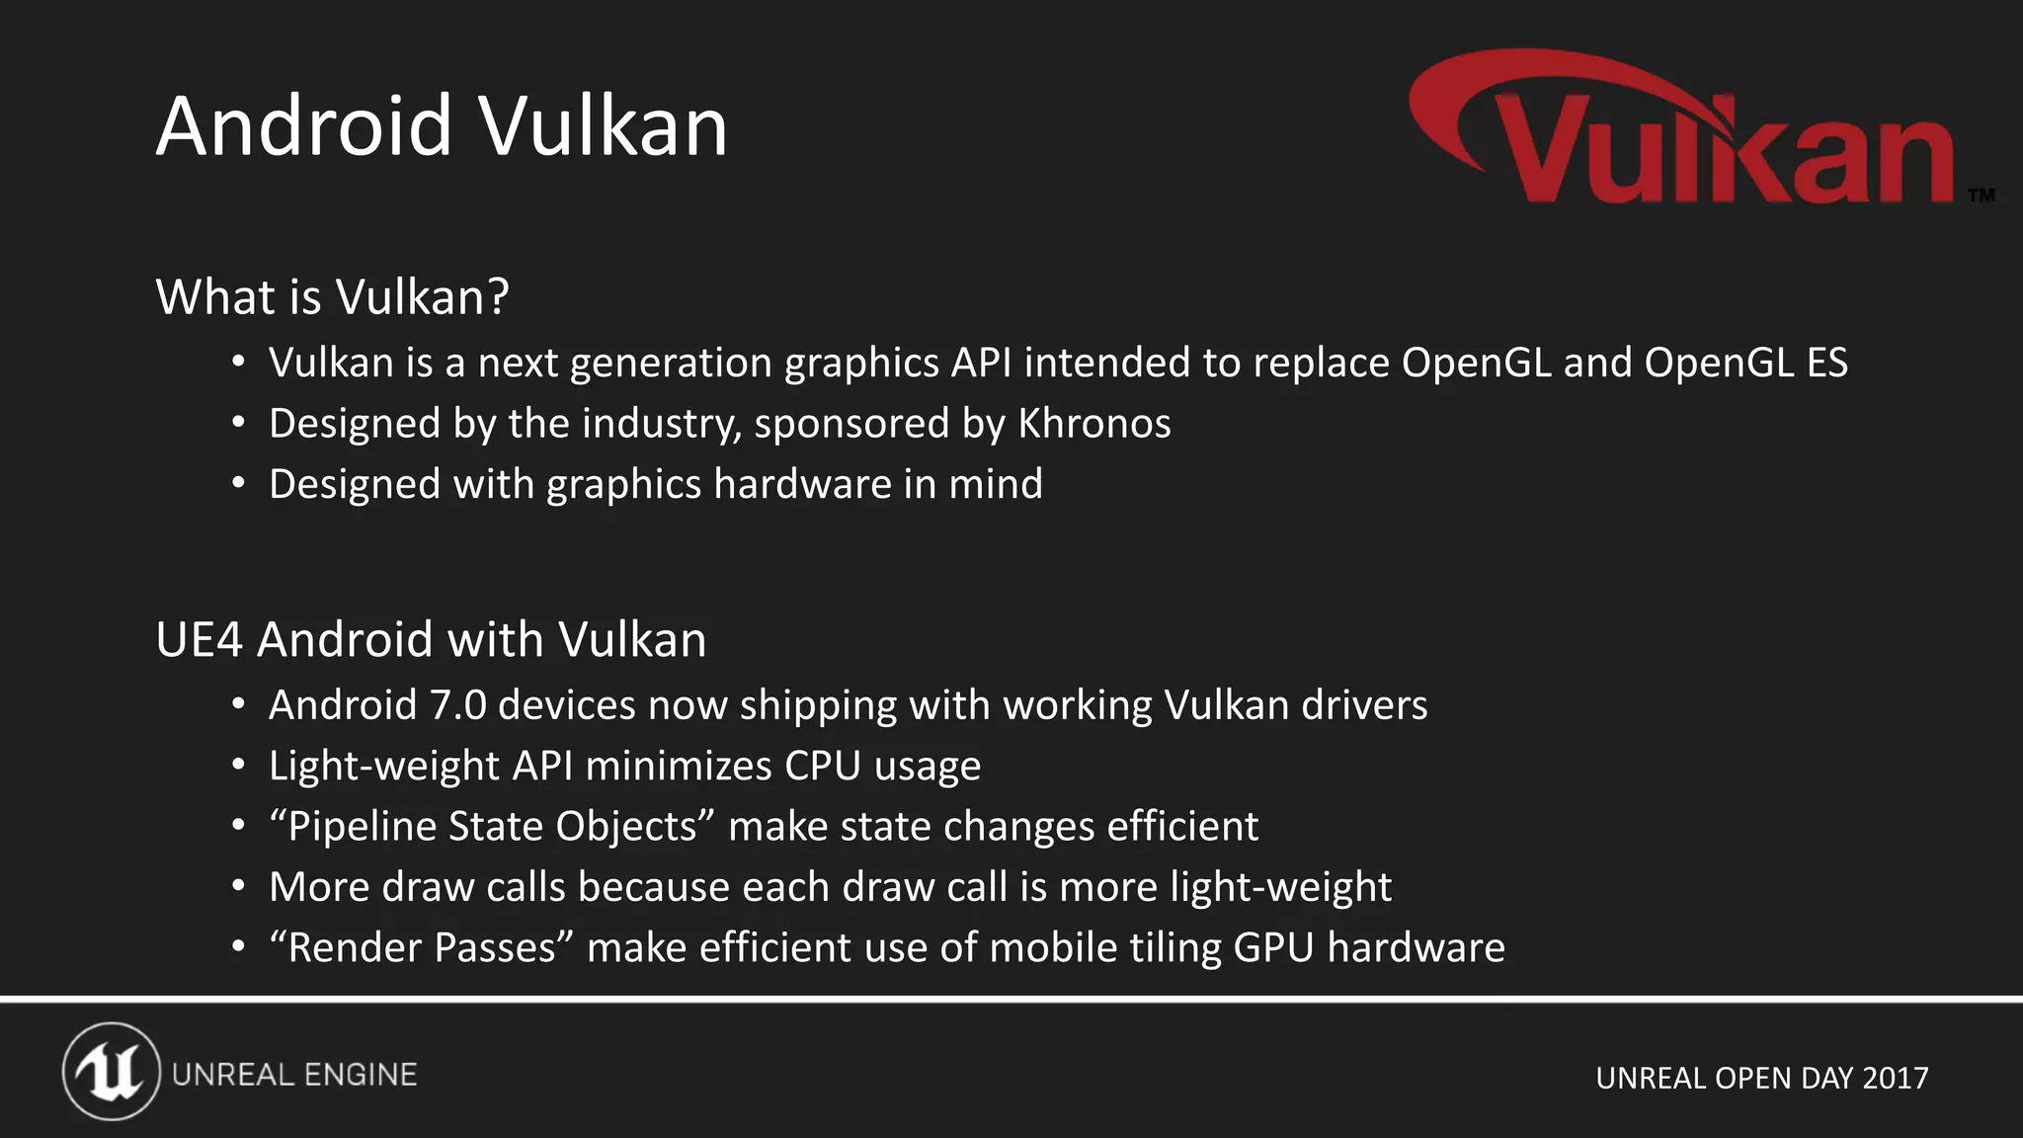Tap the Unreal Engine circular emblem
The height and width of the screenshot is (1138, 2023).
111,1072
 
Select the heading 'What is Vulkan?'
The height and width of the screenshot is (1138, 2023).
332,296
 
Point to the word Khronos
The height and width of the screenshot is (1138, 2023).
1094,424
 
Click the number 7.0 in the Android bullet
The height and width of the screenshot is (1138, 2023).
458,705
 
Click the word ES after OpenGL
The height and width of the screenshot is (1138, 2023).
1826,364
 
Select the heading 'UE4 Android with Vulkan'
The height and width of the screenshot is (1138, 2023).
431,639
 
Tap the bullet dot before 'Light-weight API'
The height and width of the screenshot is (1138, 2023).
238,766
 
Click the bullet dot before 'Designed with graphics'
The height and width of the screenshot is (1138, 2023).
238,484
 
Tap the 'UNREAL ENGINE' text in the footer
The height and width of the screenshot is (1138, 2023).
294,1075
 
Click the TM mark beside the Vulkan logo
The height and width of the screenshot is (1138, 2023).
1981,196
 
